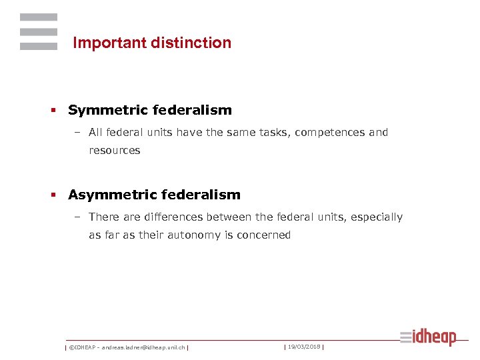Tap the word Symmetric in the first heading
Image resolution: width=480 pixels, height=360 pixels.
click(107, 111)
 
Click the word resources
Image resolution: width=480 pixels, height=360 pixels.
click(115, 151)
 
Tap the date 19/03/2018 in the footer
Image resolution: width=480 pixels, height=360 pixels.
click(303, 347)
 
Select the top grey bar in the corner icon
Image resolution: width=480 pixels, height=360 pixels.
click(39, 17)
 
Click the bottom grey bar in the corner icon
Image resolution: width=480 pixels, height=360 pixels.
click(39, 46)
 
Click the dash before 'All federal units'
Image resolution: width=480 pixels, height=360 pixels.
click(78, 133)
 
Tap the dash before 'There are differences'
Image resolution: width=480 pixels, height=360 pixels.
click(78, 217)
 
